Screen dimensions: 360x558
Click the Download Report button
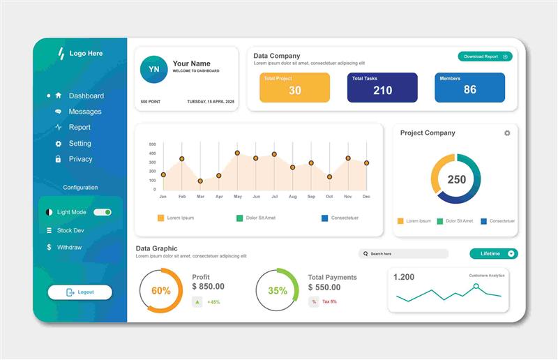485,57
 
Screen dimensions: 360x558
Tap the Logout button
80,292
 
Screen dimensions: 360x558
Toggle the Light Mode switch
103,212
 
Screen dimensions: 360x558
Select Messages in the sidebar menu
84,112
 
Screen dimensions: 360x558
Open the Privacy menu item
80,159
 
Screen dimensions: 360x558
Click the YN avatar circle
153,70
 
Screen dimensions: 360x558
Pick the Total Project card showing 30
294,87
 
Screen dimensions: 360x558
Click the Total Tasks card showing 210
382,87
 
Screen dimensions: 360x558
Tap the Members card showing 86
469,87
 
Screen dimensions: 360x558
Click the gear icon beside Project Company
507,133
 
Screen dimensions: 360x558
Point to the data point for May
237,153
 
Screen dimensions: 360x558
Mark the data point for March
200,181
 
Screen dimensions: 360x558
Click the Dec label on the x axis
366,197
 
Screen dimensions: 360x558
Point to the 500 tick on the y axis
152,145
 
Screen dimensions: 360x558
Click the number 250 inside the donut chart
456,179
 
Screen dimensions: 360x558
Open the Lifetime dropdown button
493,254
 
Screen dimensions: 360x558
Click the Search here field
404,254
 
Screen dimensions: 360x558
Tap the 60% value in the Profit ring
161,290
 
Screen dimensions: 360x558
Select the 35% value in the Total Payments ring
278,290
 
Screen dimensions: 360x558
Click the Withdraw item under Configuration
69,247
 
